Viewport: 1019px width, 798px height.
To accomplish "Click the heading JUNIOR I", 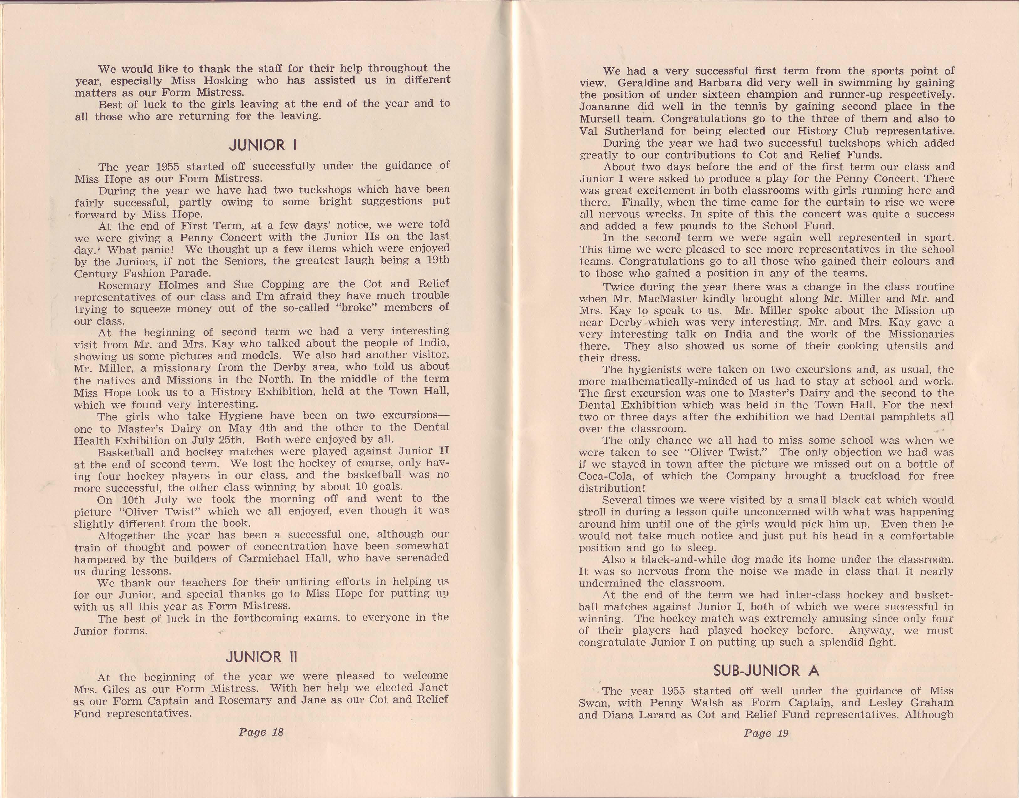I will (x=263, y=145).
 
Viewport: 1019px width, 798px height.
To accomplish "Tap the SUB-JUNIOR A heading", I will (x=766, y=670).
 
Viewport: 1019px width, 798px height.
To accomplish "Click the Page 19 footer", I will (x=766, y=733).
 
